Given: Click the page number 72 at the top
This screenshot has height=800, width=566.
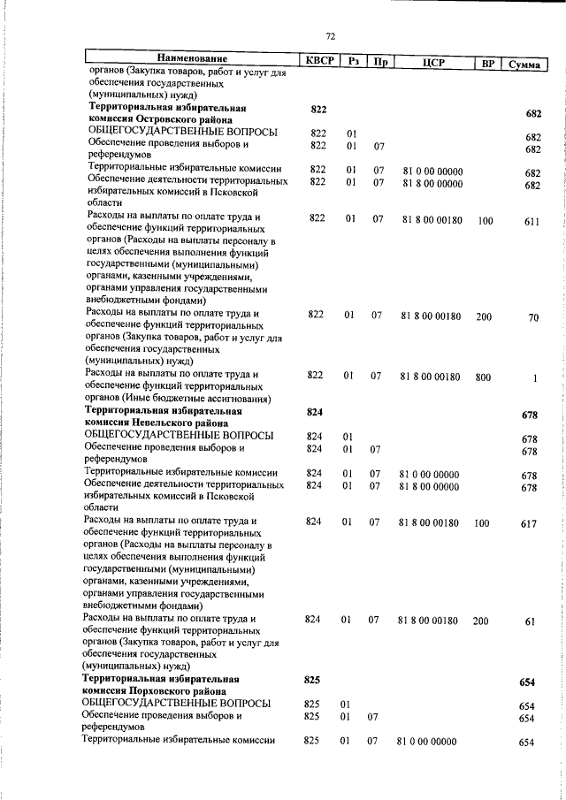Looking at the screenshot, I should click(331, 36).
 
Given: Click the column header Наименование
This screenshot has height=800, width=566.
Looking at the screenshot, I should click(189, 60).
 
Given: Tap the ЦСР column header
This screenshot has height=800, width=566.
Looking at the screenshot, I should click(432, 62).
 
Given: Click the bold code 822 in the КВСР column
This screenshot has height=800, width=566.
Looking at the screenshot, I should click(319, 108).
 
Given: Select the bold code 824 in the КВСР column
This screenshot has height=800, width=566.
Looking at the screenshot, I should click(315, 413).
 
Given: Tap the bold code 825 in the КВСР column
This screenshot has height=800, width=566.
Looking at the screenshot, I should click(311, 679).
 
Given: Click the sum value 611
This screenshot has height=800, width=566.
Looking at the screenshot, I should click(531, 222).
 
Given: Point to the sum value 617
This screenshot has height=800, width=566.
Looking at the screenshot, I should click(529, 524).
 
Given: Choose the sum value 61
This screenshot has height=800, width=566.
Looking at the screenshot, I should click(531, 622).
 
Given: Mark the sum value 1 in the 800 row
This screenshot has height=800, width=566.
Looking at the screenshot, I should click(535, 378).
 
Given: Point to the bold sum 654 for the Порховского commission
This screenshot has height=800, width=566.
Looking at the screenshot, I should click(528, 683).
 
